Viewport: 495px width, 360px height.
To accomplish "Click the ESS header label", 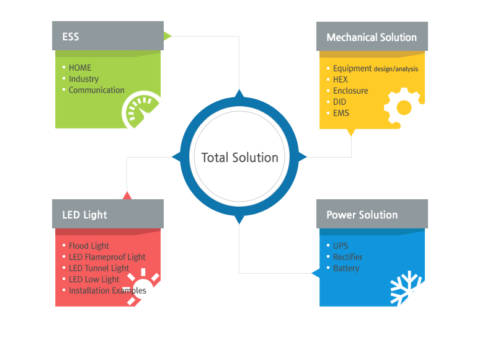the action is [70, 37].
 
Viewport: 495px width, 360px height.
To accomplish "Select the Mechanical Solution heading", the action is [372, 37].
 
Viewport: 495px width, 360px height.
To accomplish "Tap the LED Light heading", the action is [84, 215].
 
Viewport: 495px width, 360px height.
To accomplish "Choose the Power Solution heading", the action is [362, 215].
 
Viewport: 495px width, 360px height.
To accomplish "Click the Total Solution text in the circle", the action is [240, 158].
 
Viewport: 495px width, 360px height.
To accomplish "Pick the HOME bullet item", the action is [80, 68].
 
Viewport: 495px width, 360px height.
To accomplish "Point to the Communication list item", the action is [97, 90].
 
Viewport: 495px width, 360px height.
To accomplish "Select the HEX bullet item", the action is [341, 79].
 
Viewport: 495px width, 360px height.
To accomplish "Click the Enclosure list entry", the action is [350, 91].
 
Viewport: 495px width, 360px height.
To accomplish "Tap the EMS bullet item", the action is [341, 113].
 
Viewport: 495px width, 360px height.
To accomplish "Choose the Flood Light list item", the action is [89, 246].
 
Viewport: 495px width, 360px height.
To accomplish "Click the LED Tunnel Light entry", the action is [99, 268].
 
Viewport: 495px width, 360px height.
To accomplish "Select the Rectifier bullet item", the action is [347, 257].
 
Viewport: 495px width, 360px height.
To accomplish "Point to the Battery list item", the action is [346, 268].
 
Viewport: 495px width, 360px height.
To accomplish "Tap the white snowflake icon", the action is [406, 287].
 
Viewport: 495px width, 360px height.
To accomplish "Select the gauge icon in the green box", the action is [141, 109].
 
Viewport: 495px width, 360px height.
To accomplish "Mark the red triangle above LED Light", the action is [127, 196].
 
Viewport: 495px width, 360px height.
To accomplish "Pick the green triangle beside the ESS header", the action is [167, 36].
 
